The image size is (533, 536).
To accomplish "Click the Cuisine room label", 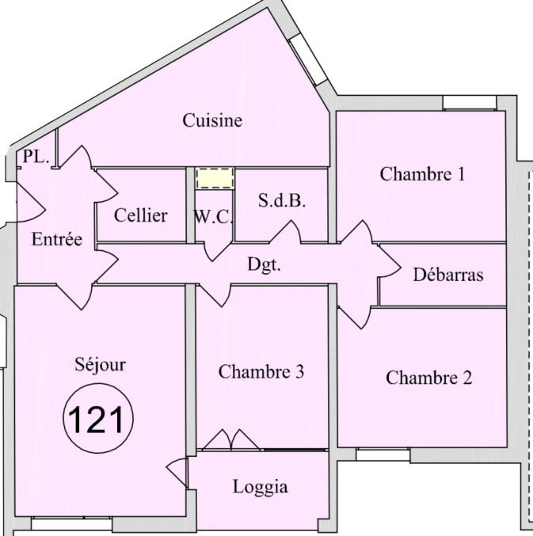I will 212,121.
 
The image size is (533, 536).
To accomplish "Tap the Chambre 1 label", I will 422,174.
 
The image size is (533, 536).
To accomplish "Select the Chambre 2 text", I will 428,378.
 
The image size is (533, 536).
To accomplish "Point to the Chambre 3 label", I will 261,371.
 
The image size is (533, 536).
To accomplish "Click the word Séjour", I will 100,365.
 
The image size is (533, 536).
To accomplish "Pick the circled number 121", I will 98,419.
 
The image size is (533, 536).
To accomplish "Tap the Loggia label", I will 261,487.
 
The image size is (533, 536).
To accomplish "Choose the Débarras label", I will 448,276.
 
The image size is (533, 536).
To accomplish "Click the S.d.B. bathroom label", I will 282,201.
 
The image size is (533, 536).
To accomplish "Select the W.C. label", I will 212,216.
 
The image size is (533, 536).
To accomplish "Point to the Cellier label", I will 140,215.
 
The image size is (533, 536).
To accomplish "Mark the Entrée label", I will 56,240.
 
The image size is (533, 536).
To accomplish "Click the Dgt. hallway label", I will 264,265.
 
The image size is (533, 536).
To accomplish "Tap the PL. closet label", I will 36,157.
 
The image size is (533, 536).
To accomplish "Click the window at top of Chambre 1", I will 469,102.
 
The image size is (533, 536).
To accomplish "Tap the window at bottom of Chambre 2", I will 383,454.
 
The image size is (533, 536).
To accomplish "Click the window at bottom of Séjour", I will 71,524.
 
